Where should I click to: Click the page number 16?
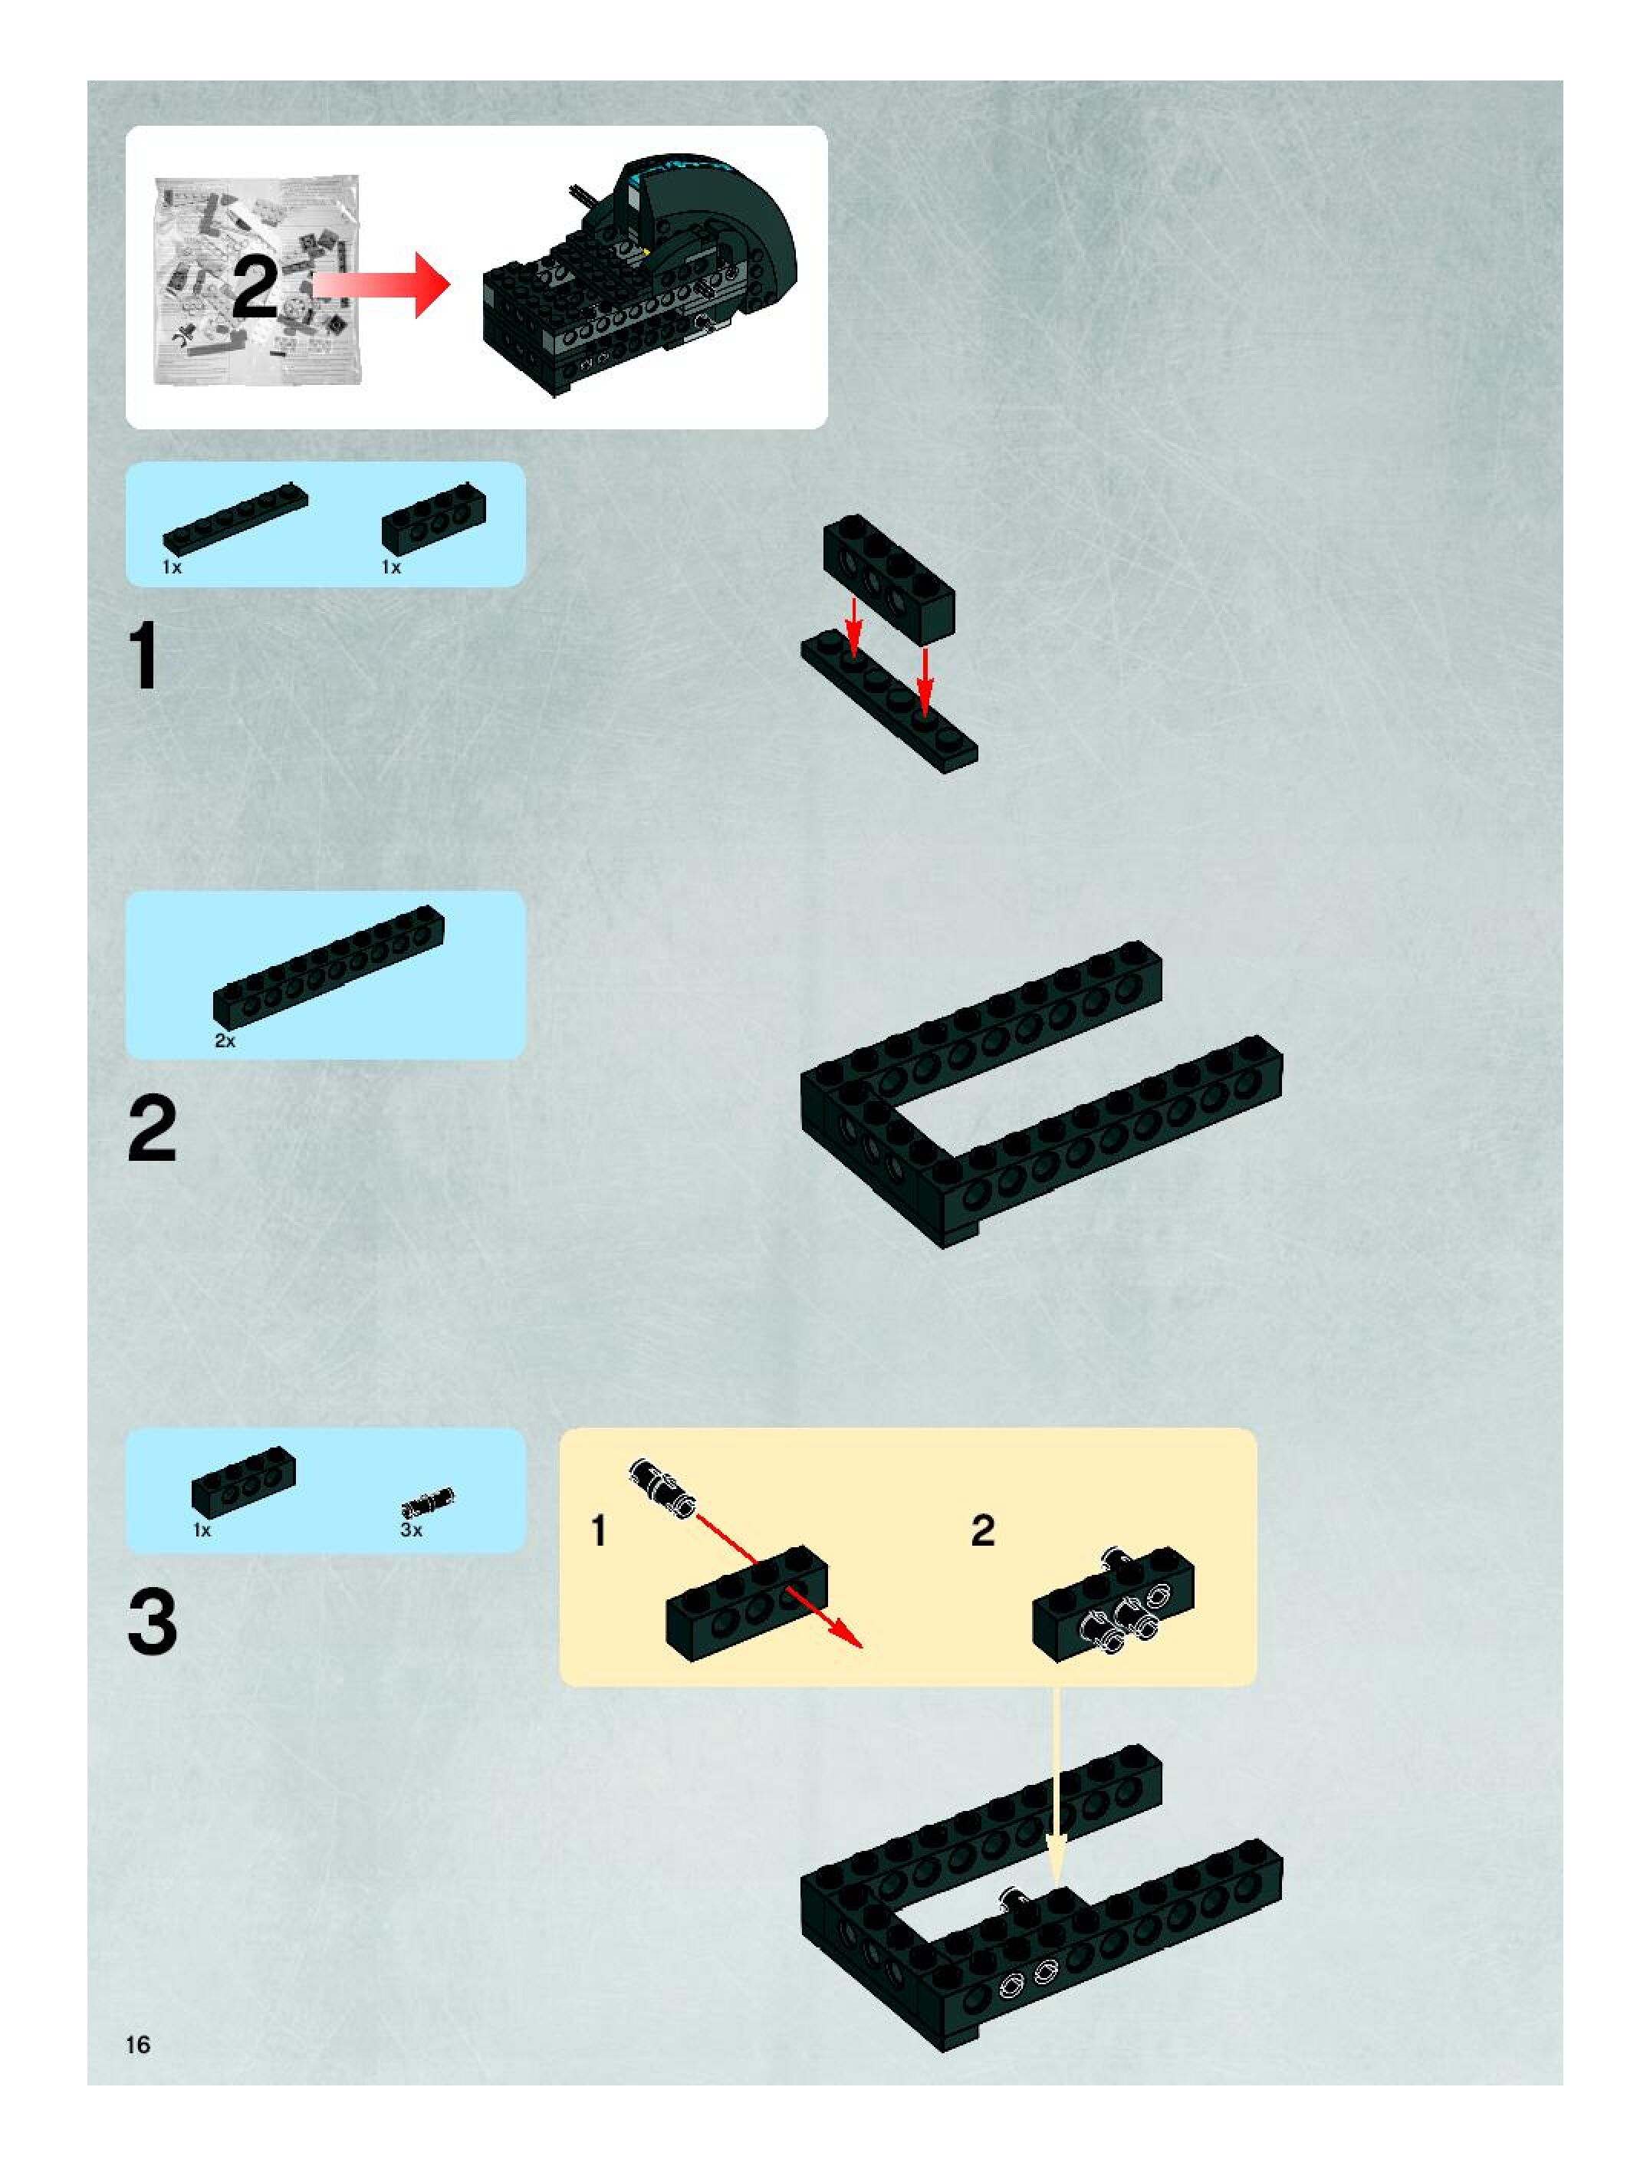tap(138, 2044)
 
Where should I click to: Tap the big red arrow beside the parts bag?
tap(381, 284)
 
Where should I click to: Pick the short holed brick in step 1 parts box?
tap(433, 518)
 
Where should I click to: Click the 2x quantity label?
tap(225, 1041)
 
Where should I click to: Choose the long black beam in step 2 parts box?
tap(328, 968)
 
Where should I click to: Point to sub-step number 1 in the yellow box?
tap(598, 1531)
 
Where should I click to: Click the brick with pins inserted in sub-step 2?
tap(1114, 1602)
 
